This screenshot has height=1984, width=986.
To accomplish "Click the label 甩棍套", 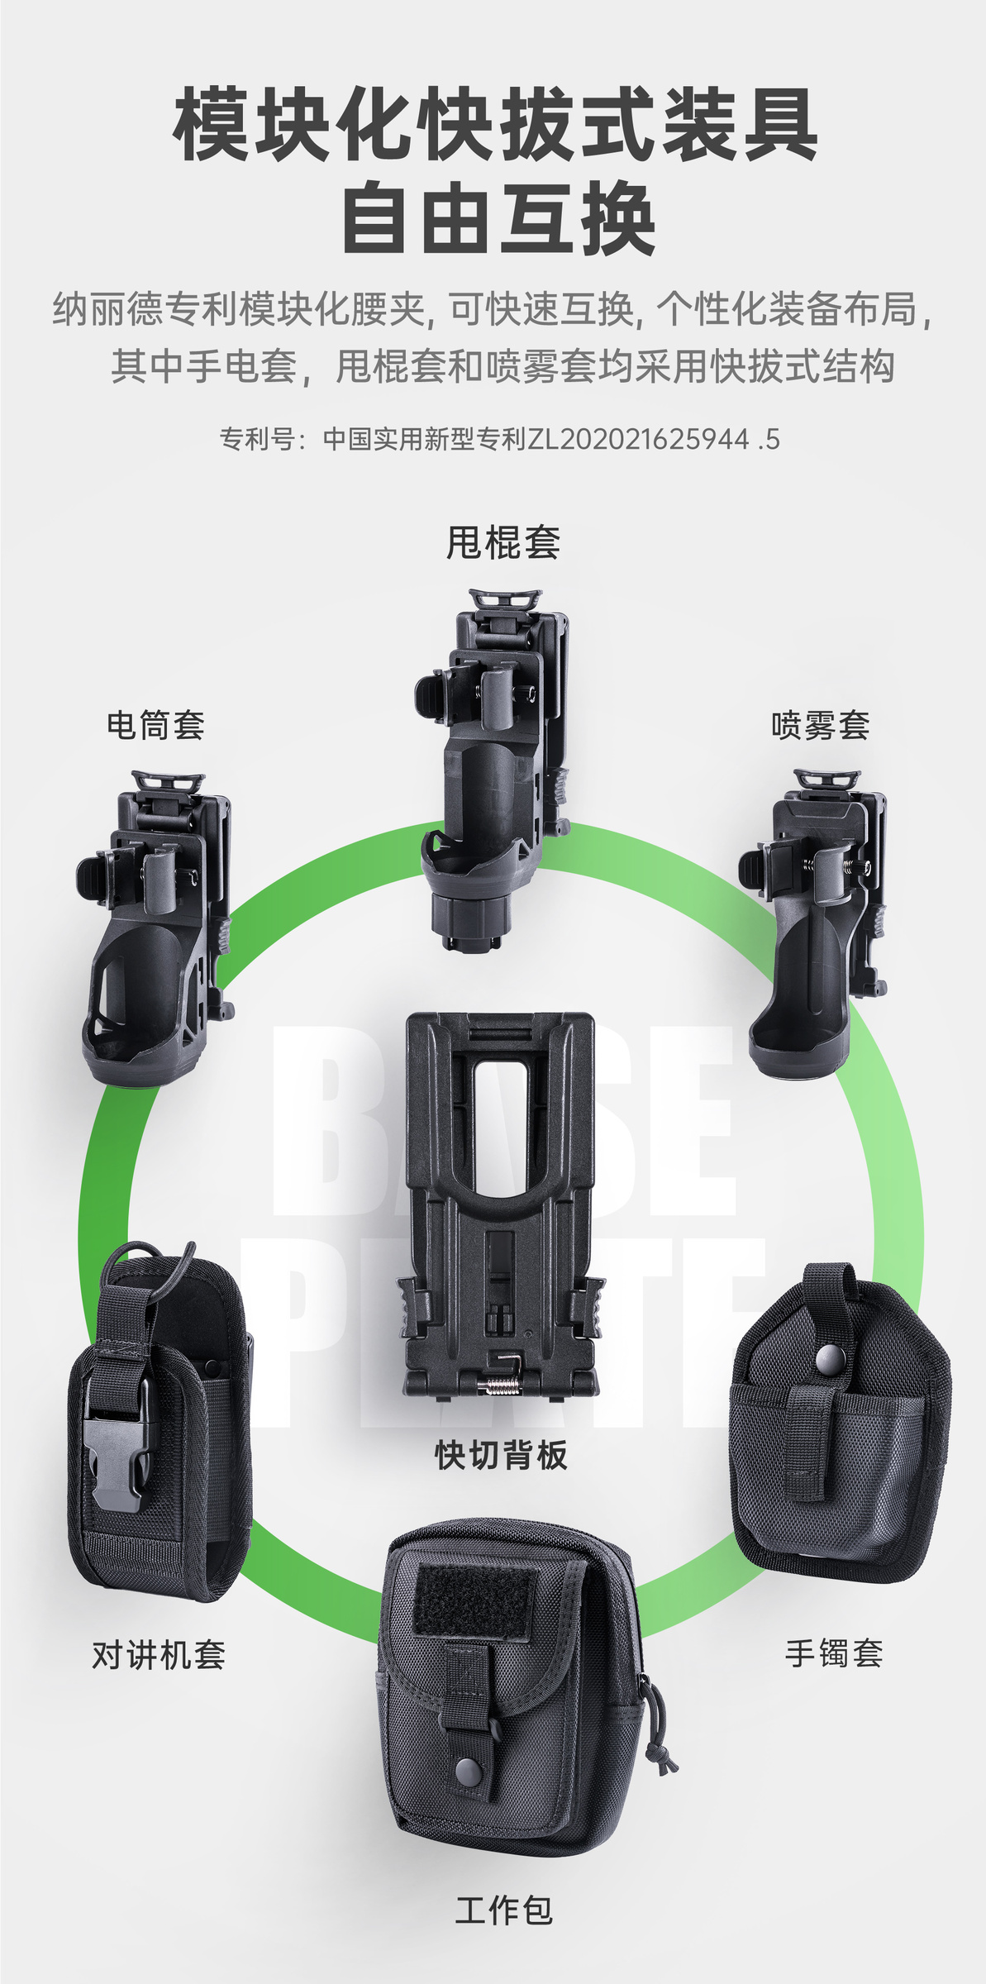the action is [x=503, y=543].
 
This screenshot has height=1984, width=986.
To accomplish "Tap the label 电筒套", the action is [x=155, y=725].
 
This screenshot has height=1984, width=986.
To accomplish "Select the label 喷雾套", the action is [x=821, y=725].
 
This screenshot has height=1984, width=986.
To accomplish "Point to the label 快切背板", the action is [x=502, y=1454].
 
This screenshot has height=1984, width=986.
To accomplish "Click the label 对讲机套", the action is [x=159, y=1672].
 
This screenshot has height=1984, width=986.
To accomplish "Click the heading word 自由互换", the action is [x=499, y=219].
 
